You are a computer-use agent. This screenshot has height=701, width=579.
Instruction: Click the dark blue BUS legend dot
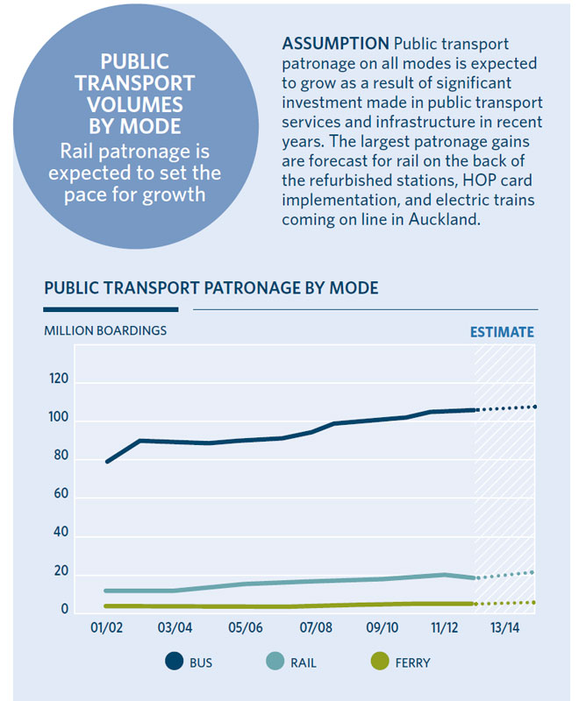pos(172,662)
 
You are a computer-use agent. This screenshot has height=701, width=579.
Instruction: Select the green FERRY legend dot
pos(378,662)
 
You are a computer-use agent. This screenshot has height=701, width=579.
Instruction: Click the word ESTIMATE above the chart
pos(502,332)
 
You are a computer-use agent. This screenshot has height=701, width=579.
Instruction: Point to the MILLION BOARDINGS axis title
pos(105,330)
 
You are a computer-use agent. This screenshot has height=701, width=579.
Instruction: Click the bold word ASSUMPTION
pos(337,44)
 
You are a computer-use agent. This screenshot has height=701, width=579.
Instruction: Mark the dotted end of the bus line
pos(534,407)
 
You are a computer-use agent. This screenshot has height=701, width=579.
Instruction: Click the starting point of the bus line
pos(107,461)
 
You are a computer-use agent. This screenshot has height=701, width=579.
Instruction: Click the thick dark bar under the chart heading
pos(111,308)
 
